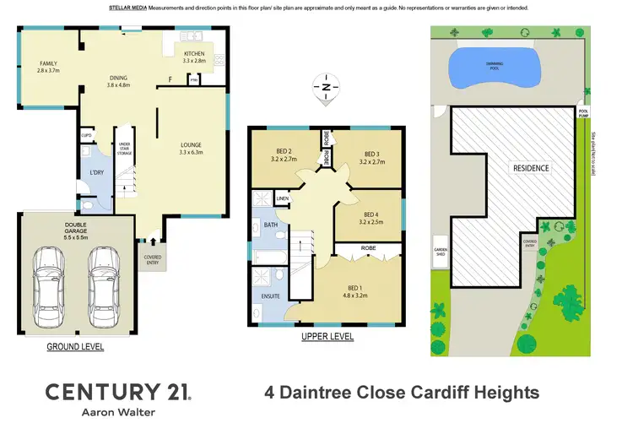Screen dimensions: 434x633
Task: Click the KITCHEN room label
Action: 194,56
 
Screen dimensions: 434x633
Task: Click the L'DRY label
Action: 97,173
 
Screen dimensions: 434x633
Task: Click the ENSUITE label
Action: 270,296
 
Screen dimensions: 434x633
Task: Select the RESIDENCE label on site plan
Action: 531,168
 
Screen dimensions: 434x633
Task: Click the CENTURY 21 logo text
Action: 117,392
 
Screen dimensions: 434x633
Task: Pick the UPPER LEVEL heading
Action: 327,337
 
